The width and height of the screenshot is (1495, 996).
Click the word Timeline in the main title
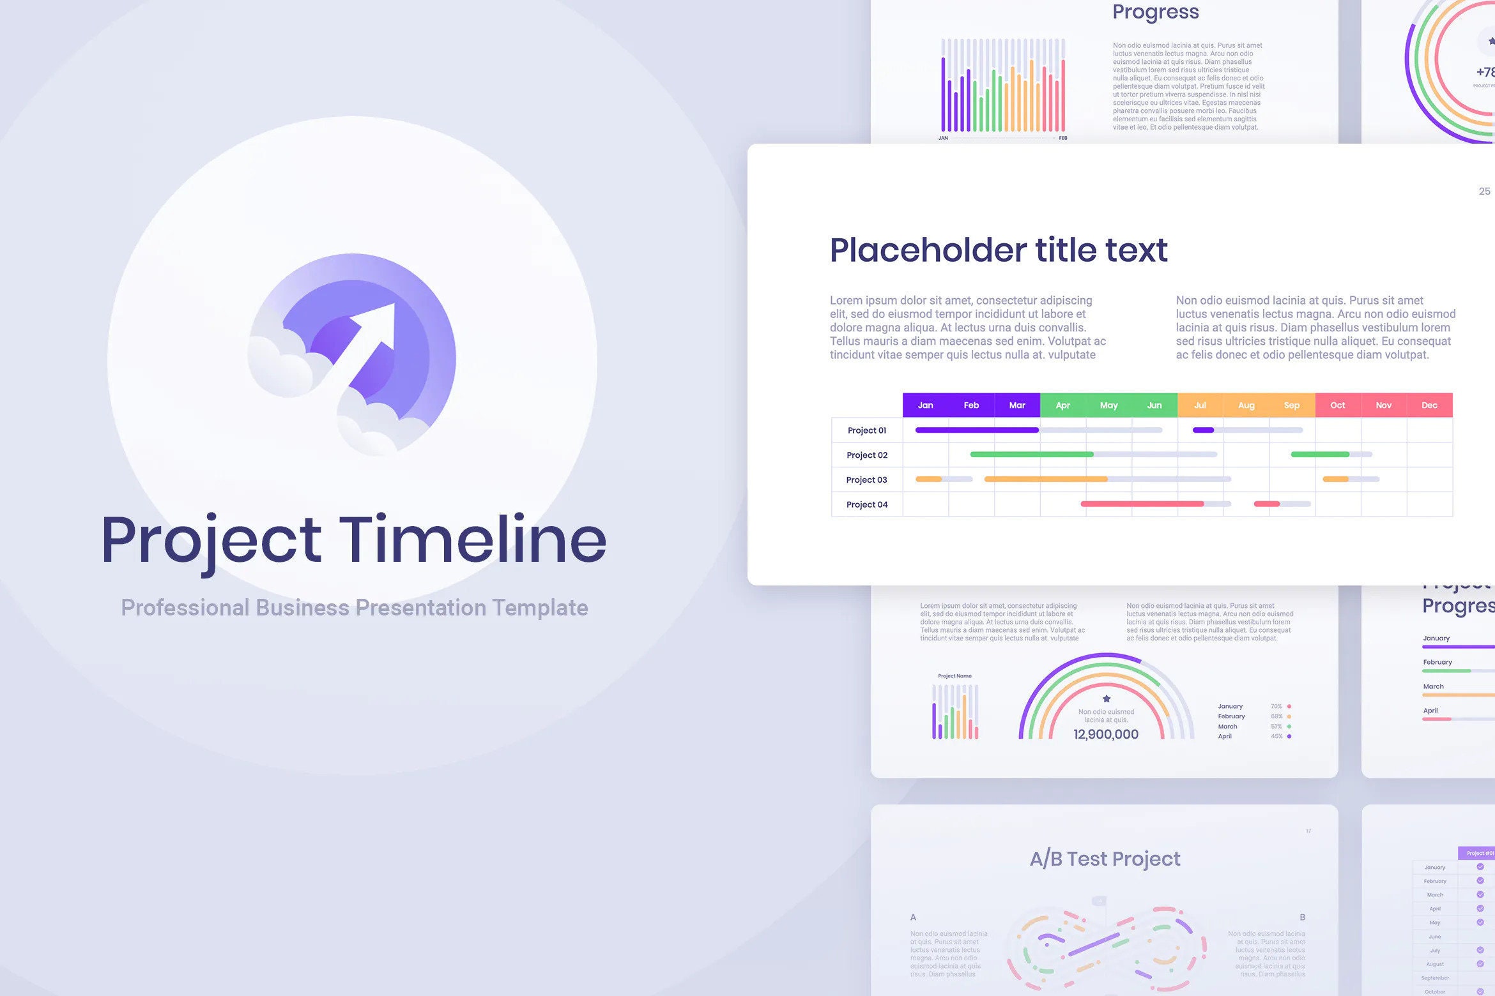(472, 541)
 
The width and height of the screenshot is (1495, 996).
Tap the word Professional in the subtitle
(185, 608)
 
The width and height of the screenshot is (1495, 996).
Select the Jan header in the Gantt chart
(925, 405)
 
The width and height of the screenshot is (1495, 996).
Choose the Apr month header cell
(1062, 405)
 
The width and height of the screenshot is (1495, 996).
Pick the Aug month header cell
(1246, 405)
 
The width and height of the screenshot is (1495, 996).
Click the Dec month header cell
(1429, 405)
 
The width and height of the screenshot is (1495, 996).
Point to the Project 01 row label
(866, 430)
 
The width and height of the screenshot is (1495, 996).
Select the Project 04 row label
(866, 504)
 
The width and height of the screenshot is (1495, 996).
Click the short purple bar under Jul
(1203, 430)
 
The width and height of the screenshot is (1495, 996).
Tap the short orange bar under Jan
(928, 479)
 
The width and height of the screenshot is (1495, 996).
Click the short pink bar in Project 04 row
(1266, 504)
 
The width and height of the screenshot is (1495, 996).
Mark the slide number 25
(1484, 192)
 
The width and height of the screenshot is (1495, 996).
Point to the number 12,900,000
(1106, 734)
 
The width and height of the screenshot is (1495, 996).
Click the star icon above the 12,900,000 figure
(1107, 698)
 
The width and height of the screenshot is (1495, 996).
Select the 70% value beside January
(1276, 706)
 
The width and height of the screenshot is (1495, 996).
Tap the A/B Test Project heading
(1105, 859)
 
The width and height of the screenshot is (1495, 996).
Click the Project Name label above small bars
(954, 675)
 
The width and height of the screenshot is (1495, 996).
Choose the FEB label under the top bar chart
(1063, 138)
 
